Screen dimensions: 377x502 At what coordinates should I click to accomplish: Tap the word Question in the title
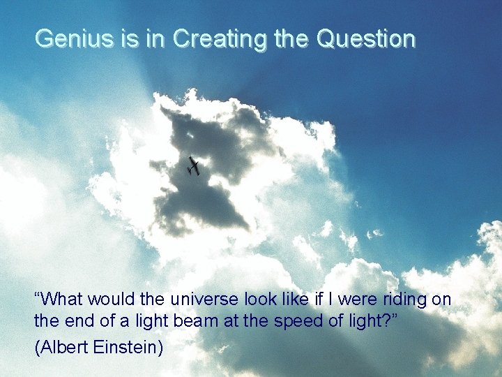click(x=365, y=38)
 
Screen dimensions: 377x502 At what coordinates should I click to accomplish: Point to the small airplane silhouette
click(x=194, y=166)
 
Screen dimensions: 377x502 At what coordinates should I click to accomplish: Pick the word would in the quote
click(x=113, y=300)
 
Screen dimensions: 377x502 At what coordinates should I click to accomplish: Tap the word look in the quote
click(x=260, y=300)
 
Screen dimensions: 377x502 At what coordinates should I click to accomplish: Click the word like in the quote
click(x=294, y=300)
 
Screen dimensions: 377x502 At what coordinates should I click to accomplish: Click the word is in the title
click(x=129, y=38)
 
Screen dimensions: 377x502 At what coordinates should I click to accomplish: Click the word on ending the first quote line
click(x=442, y=300)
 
